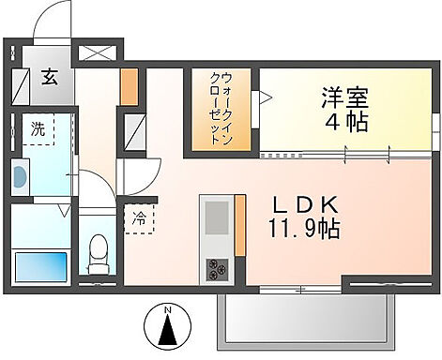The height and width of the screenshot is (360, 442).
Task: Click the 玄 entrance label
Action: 46,79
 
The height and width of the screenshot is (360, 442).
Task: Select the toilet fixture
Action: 95,252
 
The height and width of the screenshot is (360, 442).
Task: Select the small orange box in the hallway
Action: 129,87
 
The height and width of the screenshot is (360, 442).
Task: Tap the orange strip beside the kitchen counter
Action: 239,223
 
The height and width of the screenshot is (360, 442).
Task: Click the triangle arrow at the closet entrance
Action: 266,95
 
